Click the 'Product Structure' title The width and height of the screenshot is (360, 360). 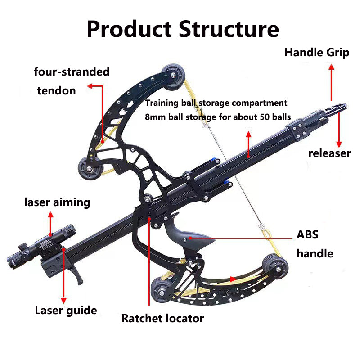coord(183,29)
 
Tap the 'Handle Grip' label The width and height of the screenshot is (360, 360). coord(317,53)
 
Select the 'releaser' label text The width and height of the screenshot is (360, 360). coord(329,153)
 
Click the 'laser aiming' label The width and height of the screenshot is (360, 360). coord(57,202)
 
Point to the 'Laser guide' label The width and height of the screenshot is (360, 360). coord(66,310)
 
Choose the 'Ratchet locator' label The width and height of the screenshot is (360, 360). coord(162,319)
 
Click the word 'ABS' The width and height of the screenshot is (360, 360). coord(307,235)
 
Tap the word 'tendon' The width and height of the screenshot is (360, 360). coord(56,90)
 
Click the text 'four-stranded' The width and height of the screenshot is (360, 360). coord(72,72)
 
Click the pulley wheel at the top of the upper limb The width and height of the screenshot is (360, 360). coord(171,72)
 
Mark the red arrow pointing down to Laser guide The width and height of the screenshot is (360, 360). coord(63,274)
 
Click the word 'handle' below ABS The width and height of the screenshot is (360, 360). coord(315,253)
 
